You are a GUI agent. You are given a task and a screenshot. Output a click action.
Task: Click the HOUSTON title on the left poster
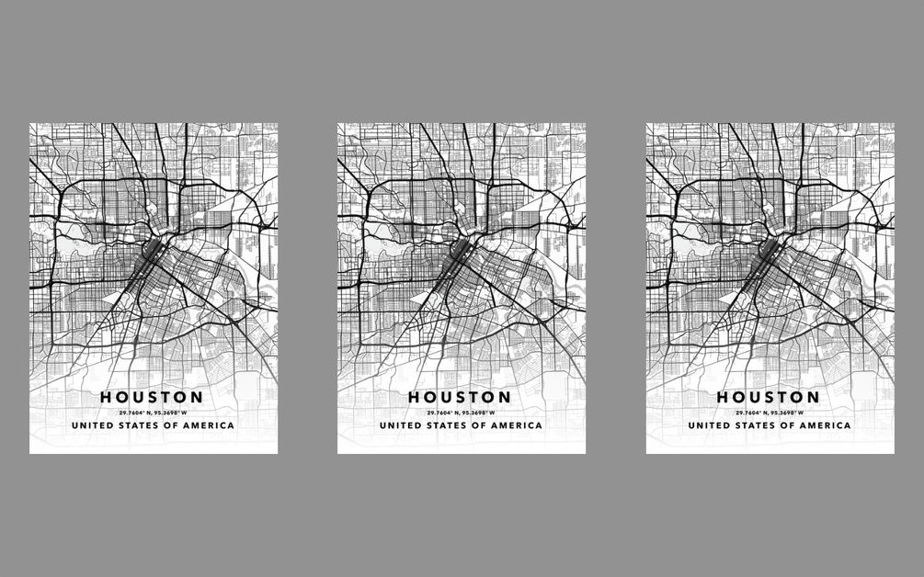pyautogui.click(x=152, y=397)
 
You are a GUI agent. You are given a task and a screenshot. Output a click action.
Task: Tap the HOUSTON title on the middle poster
pyautogui.click(x=460, y=397)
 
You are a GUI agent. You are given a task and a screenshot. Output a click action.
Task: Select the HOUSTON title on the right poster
pyautogui.click(x=769, y=397)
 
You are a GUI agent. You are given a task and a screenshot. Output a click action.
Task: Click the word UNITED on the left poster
pyautogui.click(x=90, y=426)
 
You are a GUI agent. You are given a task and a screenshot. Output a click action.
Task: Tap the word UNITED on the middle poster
pyautogui.click(x=398, y=426)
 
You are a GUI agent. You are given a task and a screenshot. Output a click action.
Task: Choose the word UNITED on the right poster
pyautogui.click(x=707, y=426)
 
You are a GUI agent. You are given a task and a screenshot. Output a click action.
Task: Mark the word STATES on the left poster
pyautogui.click(x=138, y=426)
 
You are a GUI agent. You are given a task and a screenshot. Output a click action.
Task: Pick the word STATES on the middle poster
pyautogui.click(x=446, y=426)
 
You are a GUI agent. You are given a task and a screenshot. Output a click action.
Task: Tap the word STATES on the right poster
pyautogui.click(x=755, y=426)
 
